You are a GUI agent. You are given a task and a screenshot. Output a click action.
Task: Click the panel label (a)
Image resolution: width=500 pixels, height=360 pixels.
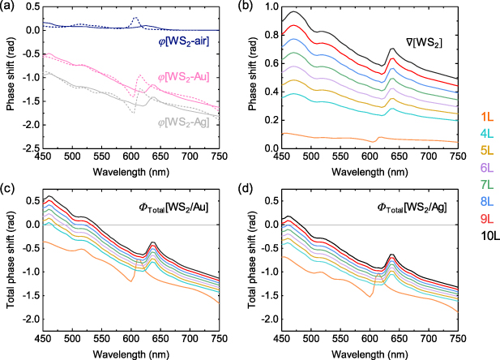coord(11,6)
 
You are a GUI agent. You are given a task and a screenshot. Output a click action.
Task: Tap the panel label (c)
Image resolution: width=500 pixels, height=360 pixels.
coord(11,184)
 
